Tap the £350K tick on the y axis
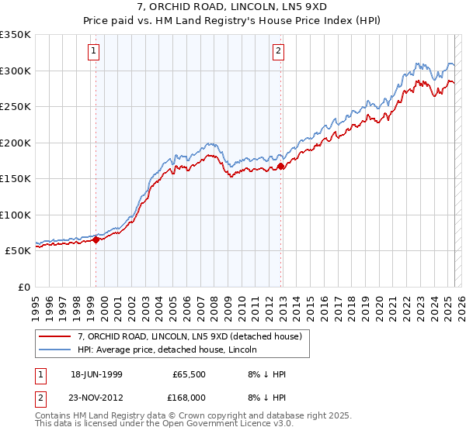pos(16,35)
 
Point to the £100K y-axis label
pos(16,215)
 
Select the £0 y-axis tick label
pos(25,287)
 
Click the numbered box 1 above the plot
pos(94,52)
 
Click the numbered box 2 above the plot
pos(278,52)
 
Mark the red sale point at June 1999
pos(96,239)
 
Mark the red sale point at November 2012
pos(280,166)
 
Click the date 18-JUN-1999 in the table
pos(96,374)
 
